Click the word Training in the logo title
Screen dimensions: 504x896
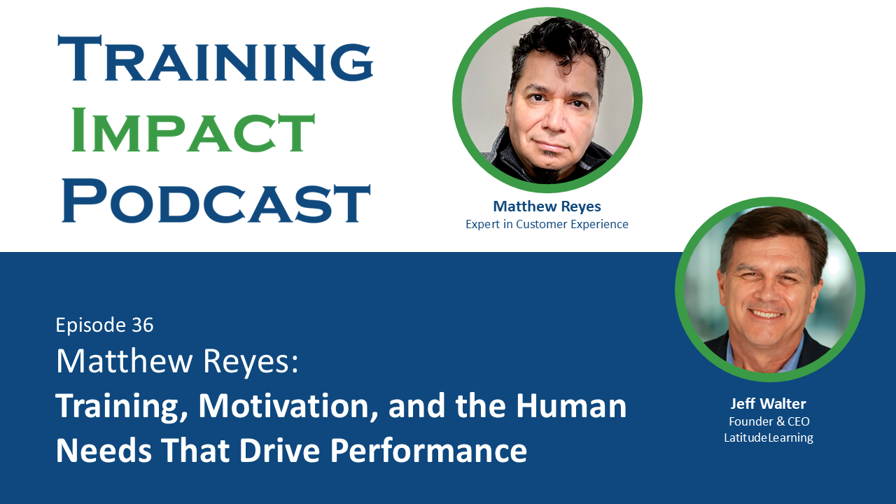pyautogui.click(x=215, y=59)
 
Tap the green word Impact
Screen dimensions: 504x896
pyautogui.click(x=193, y=130)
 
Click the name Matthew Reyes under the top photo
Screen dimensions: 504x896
pyautogui.click(x=547, y=206)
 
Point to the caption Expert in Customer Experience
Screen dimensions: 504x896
pyautogui.click(x=547, y=224)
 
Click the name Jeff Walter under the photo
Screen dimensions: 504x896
pyautogui.click(x=769, y=404)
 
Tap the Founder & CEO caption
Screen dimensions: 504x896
pyautogui.click(x=769, y=421)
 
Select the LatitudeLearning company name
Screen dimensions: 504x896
pyautogui.click(x=769, y=438)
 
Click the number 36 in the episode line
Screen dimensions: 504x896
pyautogui.click(x=142, y=325)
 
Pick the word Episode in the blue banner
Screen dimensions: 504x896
pyautogui.click(x=90, y=325)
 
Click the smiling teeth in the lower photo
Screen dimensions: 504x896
pyautogui.click(x=768, y=314)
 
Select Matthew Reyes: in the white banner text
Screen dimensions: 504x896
pyautogui.click(x=177, y=361)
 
